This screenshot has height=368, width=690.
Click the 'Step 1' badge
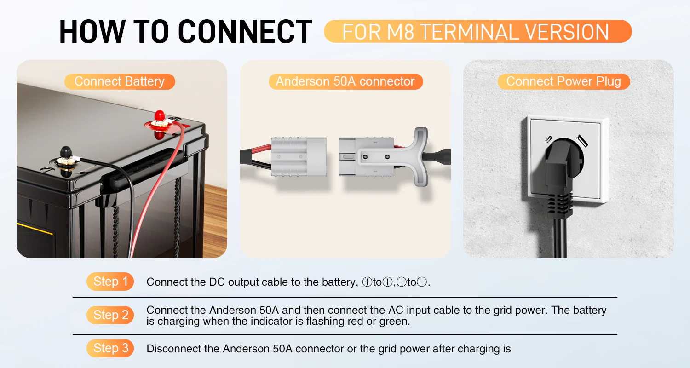110,282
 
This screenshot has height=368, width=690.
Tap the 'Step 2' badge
110,315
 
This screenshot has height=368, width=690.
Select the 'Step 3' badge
110,348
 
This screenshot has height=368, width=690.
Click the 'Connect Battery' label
120,81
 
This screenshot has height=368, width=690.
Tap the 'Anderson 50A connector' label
345,81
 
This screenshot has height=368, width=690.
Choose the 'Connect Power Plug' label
563,81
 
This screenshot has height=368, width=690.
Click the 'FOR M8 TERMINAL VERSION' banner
478,31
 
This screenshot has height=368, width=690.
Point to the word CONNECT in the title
245,31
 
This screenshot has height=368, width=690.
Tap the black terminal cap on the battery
66,152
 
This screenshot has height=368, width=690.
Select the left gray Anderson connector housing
299,157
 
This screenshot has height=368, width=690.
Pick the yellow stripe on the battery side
34,229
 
